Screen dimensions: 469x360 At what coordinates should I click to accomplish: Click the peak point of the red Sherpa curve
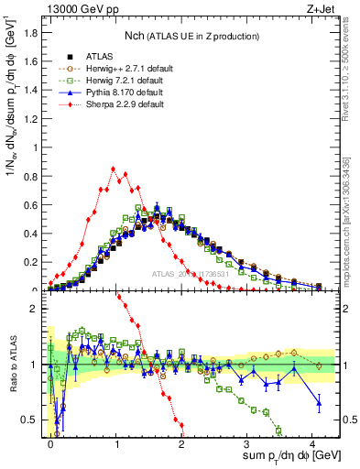pos(113,169)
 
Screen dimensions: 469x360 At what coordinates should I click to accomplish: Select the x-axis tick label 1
pos(117,442)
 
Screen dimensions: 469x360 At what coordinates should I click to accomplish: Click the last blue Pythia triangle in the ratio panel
pos(319,402)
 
